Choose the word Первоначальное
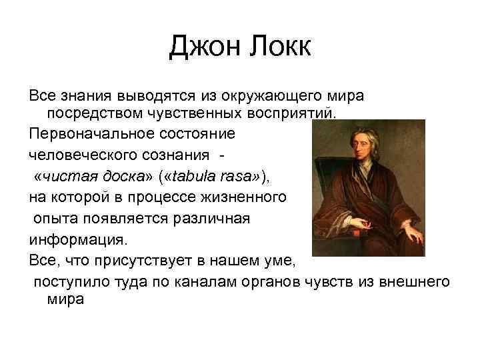point(86,133)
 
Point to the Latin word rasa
point(241,176)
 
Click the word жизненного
point(246,197)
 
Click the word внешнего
point(413,282)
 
